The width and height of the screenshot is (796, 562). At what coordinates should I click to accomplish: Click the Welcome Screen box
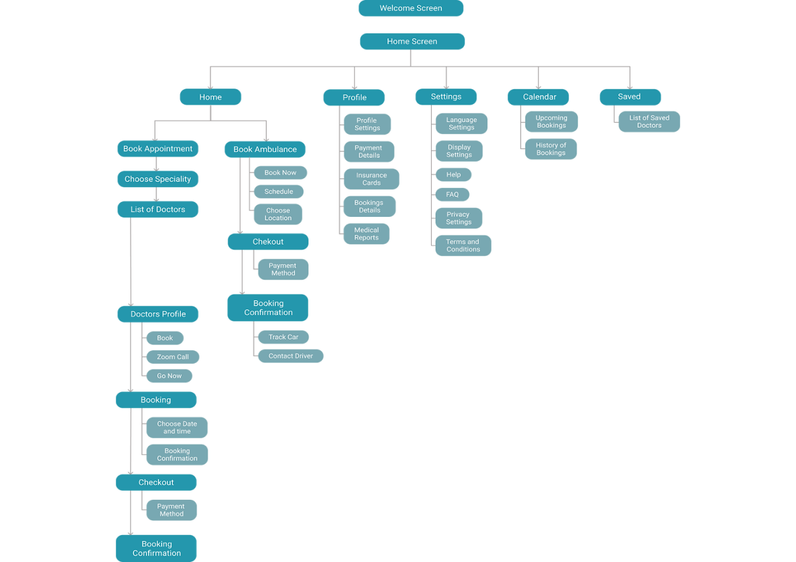(x=411, y=8)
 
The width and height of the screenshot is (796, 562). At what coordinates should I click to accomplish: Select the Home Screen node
(x=412, y=42)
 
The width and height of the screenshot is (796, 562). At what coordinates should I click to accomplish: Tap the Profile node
(x=354, y=98)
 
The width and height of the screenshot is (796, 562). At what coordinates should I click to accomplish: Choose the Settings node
(x=446, y=97)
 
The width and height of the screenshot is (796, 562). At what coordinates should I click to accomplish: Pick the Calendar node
(x=539, y=97)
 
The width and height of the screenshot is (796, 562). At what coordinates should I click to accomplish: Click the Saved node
(x=629, y=97)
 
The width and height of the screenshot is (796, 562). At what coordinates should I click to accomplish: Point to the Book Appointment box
(x=158, y=149)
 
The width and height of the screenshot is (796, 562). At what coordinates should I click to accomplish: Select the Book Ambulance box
(x=265, y=149)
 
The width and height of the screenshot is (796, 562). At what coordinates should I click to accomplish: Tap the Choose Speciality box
(x=158, y=179)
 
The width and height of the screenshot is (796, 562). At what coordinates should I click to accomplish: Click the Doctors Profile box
(x=158, y=314)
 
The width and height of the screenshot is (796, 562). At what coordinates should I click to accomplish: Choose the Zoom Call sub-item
(x=173, y=357)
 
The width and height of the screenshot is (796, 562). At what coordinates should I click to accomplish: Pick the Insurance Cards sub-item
(x=371, y=179)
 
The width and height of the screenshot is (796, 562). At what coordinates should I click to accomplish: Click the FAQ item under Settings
(x=452, y=194)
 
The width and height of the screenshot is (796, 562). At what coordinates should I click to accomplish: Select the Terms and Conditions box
(x=462, y=246)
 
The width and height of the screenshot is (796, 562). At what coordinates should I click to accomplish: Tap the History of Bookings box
(x=551, y=149)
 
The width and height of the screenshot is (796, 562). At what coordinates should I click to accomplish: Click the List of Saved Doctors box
(x=648, y=122)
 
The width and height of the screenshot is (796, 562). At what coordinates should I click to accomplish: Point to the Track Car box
(x=284, y=337)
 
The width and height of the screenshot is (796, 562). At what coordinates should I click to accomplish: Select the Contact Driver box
(x=291, y=356)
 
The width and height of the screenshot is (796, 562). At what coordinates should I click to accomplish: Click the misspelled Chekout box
(x=268, y=242)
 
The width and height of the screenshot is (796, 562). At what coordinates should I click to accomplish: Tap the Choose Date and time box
(x=177, y=427)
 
